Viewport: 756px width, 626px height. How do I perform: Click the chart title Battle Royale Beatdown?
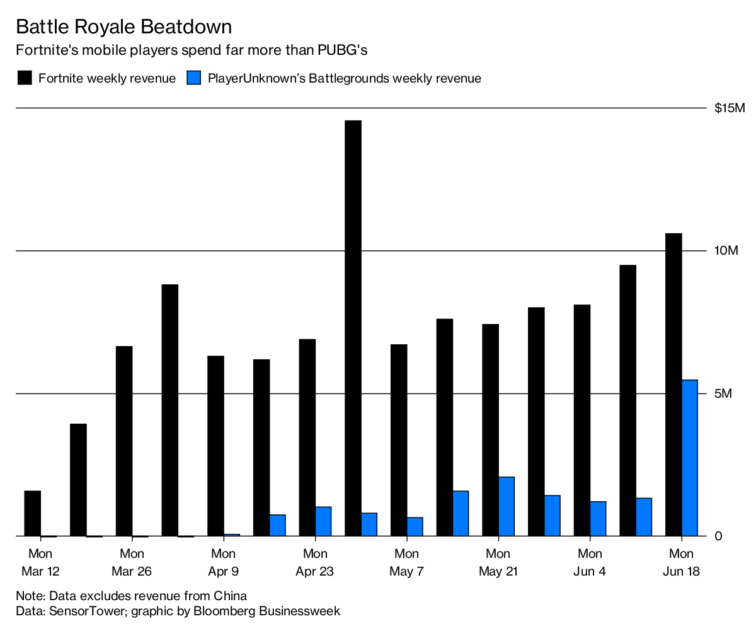[123, 26]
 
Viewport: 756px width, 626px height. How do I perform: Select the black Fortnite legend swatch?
[24, 78]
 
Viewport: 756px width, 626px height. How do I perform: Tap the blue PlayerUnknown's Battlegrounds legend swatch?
[194, 78]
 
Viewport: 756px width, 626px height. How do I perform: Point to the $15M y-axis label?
[730, 108]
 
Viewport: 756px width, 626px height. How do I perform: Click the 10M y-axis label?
[726, 251]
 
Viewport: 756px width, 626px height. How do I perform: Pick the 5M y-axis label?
[723, 393]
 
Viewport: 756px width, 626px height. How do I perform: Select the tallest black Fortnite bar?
[353, 328]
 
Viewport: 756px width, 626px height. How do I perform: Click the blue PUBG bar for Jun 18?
[690, 458]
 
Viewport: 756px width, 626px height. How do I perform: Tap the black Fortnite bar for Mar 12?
[33, 513]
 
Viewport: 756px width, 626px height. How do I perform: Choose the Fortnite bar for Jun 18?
[673, 385]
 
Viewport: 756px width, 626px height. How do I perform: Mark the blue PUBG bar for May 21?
[507, 506]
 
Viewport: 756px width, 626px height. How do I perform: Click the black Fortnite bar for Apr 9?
[215, 446]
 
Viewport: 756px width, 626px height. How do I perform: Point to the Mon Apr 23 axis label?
[315, 563]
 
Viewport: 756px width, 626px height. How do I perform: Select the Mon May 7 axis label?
[406, 563]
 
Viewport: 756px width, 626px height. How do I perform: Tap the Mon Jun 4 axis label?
[590, 563]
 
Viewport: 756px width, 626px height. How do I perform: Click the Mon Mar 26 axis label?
[132, 563]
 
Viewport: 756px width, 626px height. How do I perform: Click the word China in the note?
[229, 596]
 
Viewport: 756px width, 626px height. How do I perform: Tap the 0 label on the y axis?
[718, 536]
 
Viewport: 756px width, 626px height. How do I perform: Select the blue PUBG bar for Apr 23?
[323, 521]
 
